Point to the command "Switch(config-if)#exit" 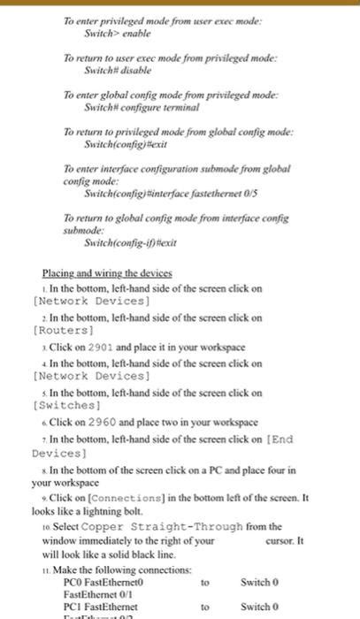coord(122,241)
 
